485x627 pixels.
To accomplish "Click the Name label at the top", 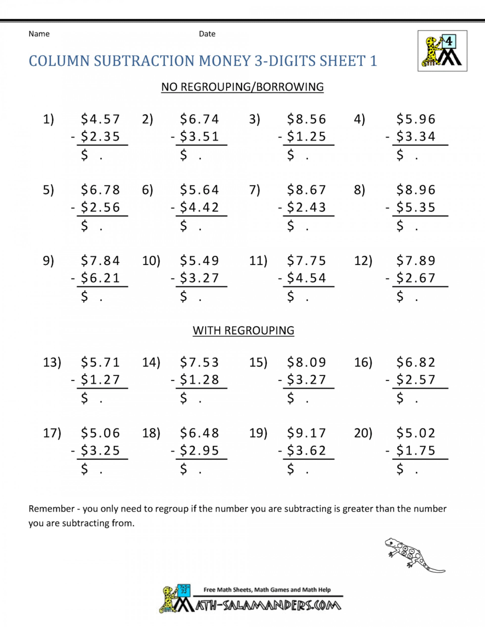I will pyautogui.click(x=39, y=34).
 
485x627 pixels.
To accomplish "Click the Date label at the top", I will pyautogui.click(x=207, y=34).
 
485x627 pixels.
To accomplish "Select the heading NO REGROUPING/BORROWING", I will pyautogui.click(x=242, y=87).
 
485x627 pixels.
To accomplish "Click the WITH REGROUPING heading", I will pyautogui.click(x=243, y=330).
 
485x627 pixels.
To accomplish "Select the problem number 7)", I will pyautogui.click(x=255, y=190).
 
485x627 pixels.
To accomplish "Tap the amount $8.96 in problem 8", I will pyautogui.click(x=416, y=190).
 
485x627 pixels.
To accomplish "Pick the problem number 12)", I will pyautogui.click(x=363, y=261).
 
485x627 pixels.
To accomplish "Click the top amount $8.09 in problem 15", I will pyautogui.click(x=307, y=362).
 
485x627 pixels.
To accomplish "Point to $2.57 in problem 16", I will pyautogui.click(x=416, y=380).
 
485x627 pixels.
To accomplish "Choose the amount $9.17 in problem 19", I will pyautogui.click(x=307, y=433).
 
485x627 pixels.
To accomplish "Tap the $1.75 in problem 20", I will pyautogui.click(x=416, y=450).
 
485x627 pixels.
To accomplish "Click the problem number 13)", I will pyautogui.click(x=52, y=362).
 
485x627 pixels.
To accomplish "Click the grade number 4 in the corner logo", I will pyautogui.click(x=449, y=42).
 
